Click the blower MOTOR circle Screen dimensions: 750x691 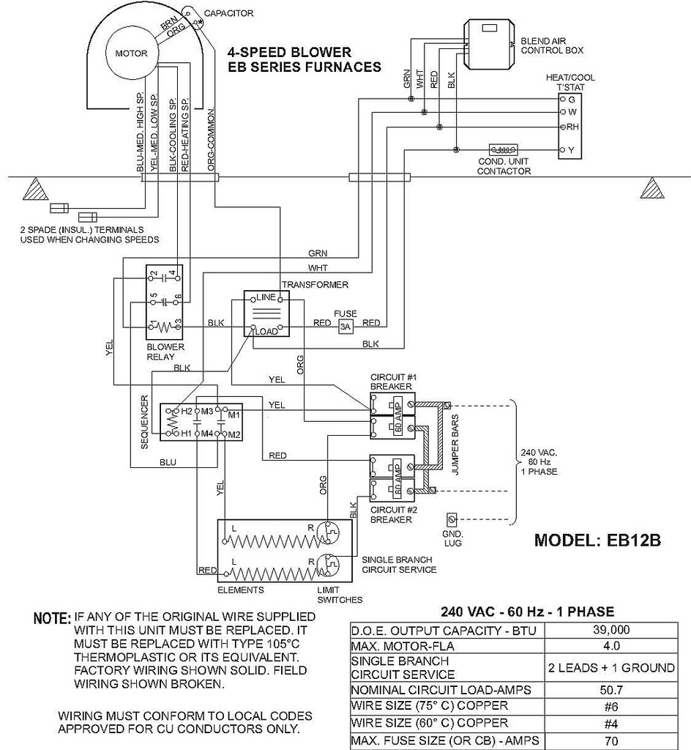coord(132,53)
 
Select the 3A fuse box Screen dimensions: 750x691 coord(345,328)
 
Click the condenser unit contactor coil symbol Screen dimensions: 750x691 coord(504,149)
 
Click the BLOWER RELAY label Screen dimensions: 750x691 coord(160,352)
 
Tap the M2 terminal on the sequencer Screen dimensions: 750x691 coord(234,434)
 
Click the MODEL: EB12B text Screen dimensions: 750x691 coord(597,541)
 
